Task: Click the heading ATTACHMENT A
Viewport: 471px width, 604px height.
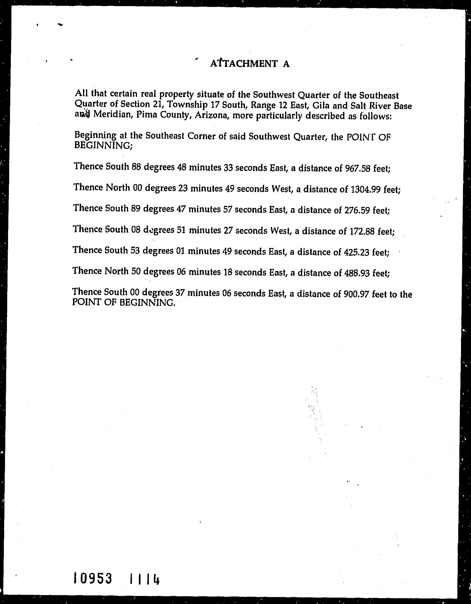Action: coord(250,64)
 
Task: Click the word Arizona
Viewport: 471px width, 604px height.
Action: coord(212,115)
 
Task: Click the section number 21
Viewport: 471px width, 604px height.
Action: coord(157,104)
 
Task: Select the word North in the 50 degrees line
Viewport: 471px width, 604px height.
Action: coord(117,271)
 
